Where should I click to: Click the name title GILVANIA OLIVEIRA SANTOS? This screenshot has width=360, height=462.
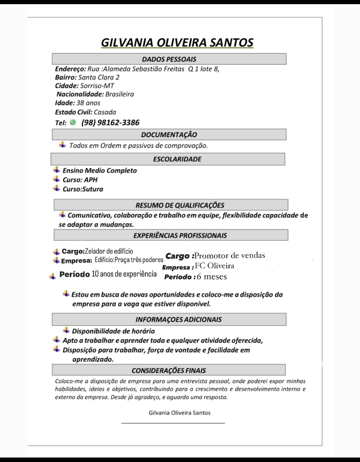click(x=177, y=43)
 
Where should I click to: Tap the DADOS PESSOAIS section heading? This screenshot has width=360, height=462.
click(x=169, y=59)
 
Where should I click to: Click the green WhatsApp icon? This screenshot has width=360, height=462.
click(x=73, y=122)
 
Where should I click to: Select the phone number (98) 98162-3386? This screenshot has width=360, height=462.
click(x=110, y=122)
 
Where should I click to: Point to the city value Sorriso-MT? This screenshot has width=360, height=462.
click(x=97, y=86)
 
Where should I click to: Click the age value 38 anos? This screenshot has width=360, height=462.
click(x=88, y=103)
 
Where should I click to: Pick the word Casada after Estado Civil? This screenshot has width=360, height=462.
click(x=105, y=112)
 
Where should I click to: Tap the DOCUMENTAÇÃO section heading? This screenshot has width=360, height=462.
click(x=169, y=135)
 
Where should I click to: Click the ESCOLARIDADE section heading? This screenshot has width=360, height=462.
click(x=177, y=159)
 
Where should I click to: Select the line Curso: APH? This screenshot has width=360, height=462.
click(x=80, y=180)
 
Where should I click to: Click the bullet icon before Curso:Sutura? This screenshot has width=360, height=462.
click(x=57, y=188)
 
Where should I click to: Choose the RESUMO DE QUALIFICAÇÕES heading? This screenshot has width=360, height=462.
click(x=180, y=205)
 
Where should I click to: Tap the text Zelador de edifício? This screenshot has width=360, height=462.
click(x=109, y=251)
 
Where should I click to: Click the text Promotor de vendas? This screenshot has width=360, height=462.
click(x=230, y=255)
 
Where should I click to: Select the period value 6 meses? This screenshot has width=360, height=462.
click(x=212, y=277)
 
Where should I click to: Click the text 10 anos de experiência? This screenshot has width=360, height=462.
click(x=124, y=274)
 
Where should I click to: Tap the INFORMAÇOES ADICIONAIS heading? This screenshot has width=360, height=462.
click(x=179, y=319)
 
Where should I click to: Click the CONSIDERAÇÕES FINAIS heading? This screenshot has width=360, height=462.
click(x=169, y=371)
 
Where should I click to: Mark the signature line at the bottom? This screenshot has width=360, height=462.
click(x=173, y=423)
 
